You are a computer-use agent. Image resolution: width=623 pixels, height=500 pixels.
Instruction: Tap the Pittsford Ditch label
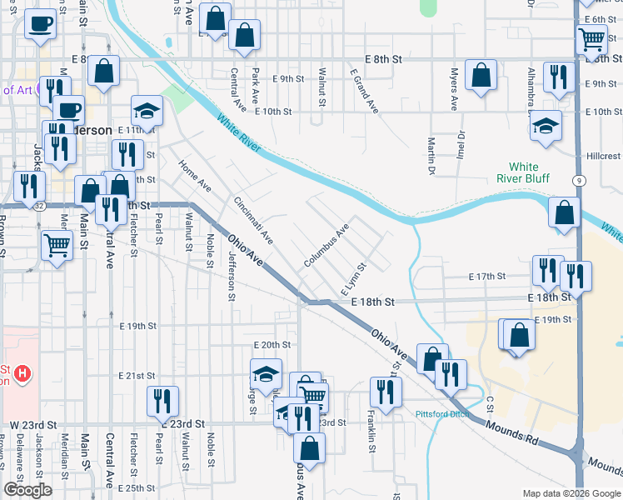click(x=441, y=413)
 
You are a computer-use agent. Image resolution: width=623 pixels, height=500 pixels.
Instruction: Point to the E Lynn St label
click(x=354, y=279)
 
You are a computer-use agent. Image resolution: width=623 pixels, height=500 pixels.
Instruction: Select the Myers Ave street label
click(x=455, y=90)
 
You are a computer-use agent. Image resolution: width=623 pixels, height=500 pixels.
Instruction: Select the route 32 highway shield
click(x=39, y=204)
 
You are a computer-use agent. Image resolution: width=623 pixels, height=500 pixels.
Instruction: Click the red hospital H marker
click(x=22, y=374)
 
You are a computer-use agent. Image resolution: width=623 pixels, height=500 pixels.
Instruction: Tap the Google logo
click(x=27, y=490)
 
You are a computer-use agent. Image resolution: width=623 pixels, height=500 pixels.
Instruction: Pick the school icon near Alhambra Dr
click(x=545, y=127)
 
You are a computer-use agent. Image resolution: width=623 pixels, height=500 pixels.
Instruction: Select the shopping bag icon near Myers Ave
click(x=481, y=75)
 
